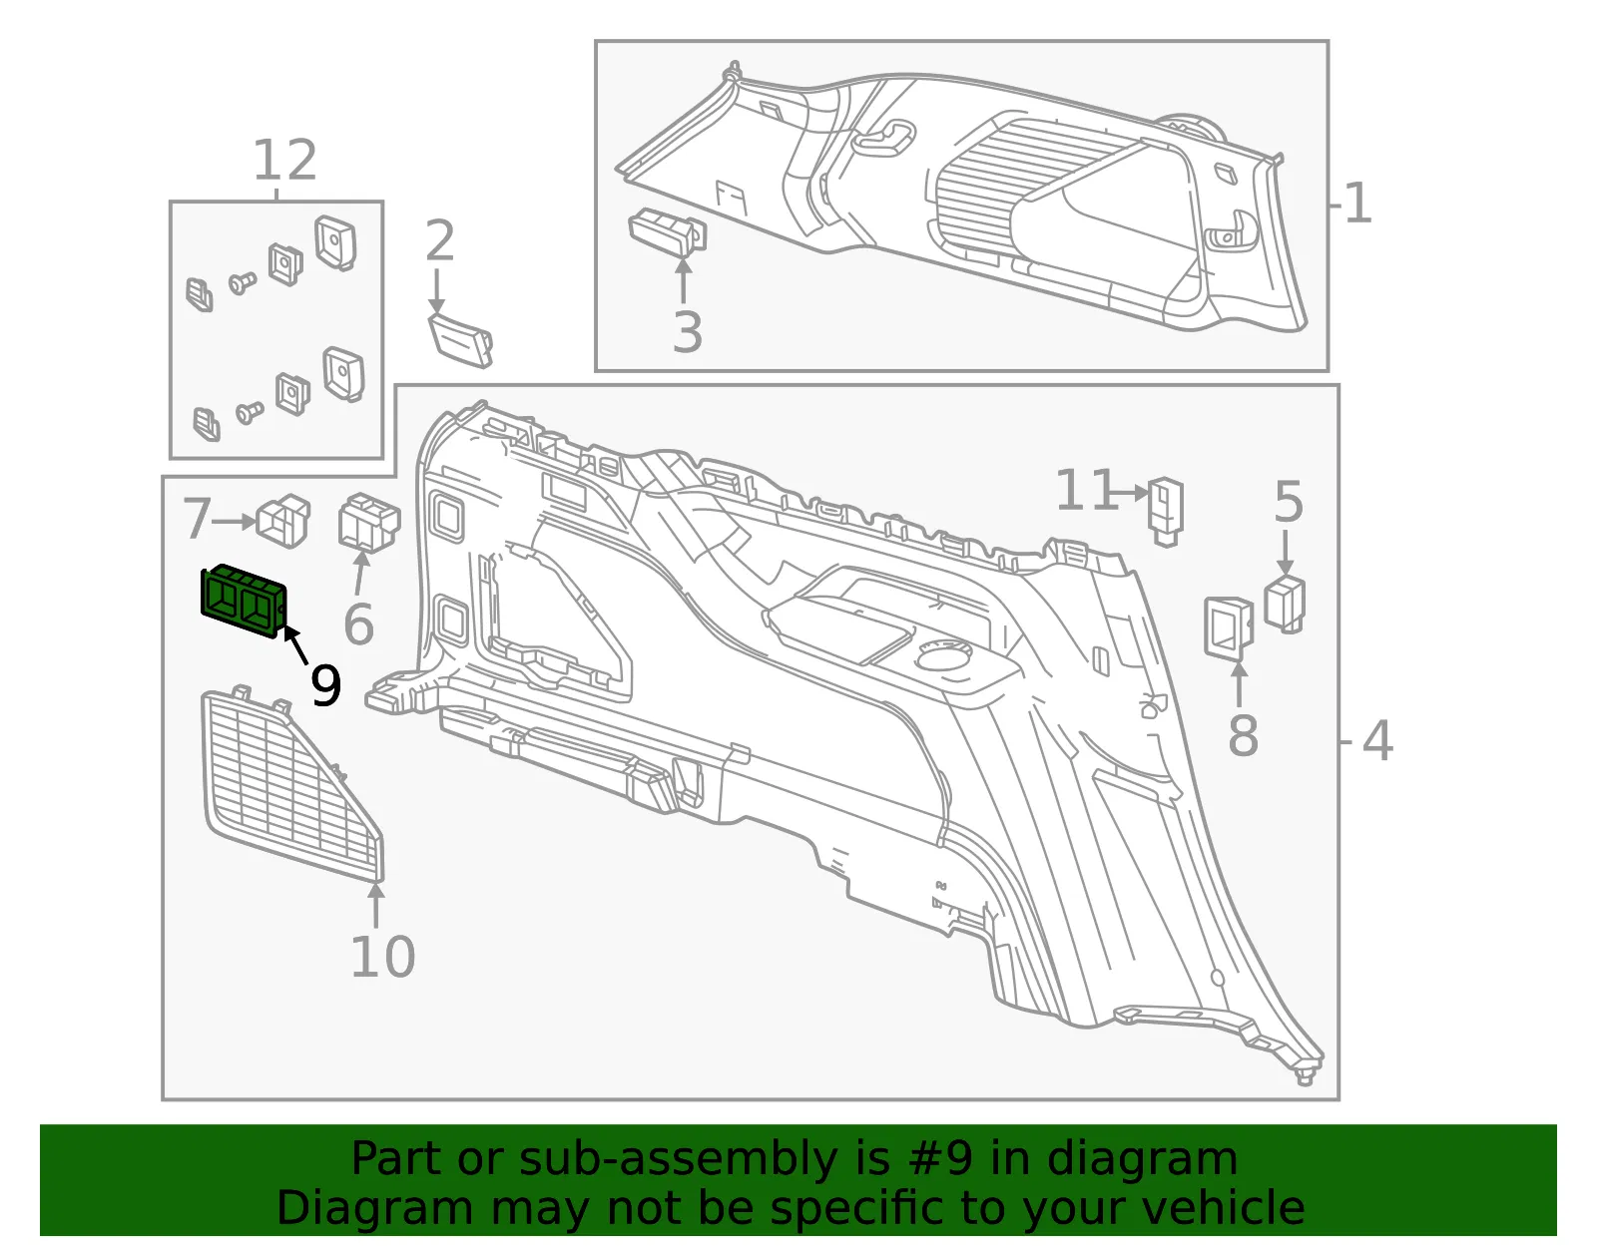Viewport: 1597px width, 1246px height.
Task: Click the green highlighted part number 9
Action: click(244, 602)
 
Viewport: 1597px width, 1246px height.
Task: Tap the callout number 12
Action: click(284, 160)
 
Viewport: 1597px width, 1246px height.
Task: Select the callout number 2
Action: click(439, 240)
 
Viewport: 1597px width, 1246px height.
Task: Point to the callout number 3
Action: click(687, 332)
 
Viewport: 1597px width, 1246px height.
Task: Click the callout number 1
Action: click(1357, 204)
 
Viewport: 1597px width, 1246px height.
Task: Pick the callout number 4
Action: click(1376, 741)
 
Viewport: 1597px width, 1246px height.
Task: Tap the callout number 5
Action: click(1289, 502)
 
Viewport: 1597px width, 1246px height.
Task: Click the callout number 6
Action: click(358, 624)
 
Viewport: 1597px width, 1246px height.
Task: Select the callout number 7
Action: click(197, 519)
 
